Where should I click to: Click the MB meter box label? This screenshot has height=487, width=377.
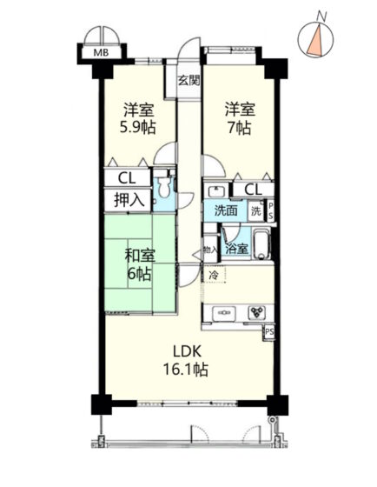point(101,52)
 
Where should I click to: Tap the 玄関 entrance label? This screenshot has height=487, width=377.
point(188,81)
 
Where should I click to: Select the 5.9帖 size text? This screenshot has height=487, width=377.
point(138,127)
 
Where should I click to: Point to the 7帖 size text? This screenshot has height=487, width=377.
point(240,127)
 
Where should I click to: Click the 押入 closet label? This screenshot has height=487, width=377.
point(129,200)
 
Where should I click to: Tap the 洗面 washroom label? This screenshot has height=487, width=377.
point(226,210)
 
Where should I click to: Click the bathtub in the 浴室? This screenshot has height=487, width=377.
point(261,244)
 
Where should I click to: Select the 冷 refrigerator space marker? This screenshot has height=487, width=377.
point(214,275)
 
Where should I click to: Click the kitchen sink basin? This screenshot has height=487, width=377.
point(224,313)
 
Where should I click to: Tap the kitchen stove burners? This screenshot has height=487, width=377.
point(256,312)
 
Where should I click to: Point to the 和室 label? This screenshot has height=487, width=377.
point(140,256)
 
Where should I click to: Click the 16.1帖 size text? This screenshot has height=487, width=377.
point(185,370)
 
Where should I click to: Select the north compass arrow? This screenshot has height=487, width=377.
point(316,41)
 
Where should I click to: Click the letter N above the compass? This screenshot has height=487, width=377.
point(322,17)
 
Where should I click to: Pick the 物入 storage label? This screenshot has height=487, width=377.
point(210,250)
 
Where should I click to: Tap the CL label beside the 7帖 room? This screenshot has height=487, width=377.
point(254,190)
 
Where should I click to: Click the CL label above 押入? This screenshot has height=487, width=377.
point(127,178)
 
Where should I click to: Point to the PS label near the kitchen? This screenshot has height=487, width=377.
point(269,332)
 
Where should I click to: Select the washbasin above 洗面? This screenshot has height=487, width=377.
point(216,190)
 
